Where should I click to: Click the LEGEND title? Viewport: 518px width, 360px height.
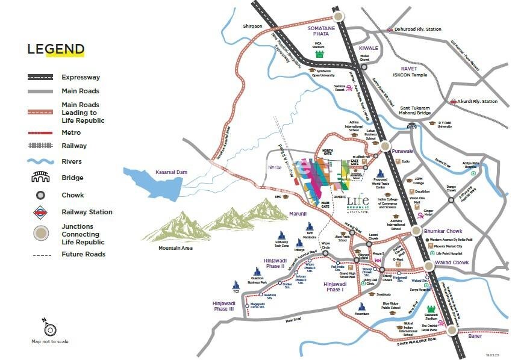pos(55,49)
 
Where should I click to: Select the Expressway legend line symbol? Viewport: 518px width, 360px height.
pos(40,77)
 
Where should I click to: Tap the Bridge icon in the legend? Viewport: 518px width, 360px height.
pos(40,178)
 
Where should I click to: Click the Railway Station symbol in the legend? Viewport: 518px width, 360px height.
pos(40,212)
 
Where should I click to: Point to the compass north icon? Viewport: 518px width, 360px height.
pos(49,329)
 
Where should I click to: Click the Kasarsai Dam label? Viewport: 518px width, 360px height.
pos(172,172)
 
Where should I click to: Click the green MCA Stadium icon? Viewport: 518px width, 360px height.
pos(319,53)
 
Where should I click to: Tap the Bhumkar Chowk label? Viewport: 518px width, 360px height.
pos(443,231)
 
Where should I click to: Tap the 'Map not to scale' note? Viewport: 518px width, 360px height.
pos(49,341)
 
